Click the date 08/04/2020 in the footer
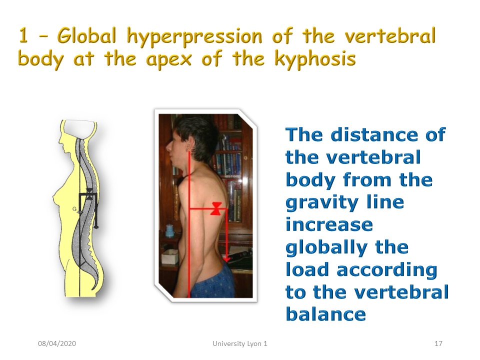[x=57, y=343]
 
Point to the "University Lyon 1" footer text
[x=239, y=344]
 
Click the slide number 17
[x=438, y=343]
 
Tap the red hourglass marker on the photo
[x=216, y=208]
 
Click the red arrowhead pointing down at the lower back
[x=227, y=259]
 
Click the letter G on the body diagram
[x=74, y=209]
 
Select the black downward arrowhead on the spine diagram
[x=96, y=226]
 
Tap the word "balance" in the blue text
[x=325, y=314]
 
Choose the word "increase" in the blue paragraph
[x=329, y=224]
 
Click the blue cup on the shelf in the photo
[x=169, y=231]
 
